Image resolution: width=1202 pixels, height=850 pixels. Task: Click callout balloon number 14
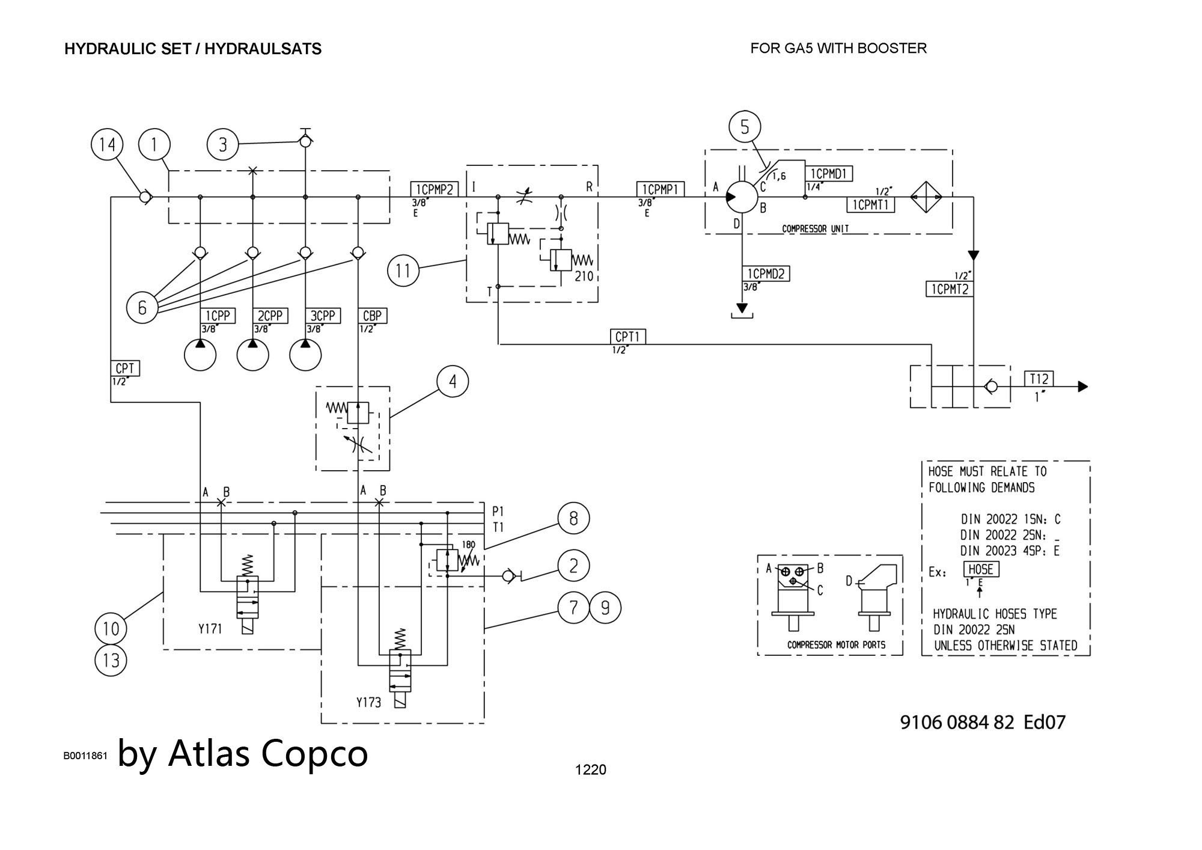tap(107, 145)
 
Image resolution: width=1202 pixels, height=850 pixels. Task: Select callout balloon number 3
tap(223, 145)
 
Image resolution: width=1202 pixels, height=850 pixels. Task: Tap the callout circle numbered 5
tap(745, 127)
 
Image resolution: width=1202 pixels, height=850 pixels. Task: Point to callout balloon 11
tap(403, 271)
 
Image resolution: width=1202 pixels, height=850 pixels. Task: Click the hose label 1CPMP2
tap(434, 189)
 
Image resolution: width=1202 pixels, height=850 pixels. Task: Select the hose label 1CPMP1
tap(660, 189)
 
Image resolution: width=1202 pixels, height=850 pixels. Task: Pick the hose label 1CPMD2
tap(766, 274)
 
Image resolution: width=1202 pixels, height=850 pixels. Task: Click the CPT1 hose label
tap(627, 337)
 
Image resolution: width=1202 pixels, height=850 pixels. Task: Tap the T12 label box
tap(1039, 379)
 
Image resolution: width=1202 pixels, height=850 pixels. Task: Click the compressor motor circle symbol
tap(742, 197)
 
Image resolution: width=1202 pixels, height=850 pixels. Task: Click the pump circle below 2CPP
tap(252, 355)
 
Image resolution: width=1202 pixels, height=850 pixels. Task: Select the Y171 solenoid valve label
tap(210, 629)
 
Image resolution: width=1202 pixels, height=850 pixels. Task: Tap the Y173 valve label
tap(368, 702)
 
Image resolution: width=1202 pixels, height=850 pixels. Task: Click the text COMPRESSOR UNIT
tap(815, 229)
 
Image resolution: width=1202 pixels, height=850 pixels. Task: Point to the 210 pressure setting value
tap(584, 276)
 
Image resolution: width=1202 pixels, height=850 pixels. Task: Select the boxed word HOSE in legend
tap(981, 569)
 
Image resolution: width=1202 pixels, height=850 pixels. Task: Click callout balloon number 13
tap(111, 661)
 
